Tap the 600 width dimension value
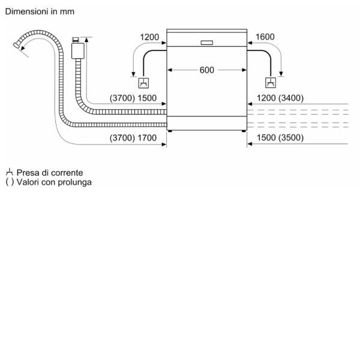coord(206,70)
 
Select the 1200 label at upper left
coord(149,37)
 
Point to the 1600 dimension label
coord(265,37)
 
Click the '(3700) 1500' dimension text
coord(133,98)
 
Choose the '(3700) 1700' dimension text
coord(133,138)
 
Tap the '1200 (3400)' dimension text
coord(280,98)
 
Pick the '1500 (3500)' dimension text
coord(280,138)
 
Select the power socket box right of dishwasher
coord(272,83)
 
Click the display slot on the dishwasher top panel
coord(206,42)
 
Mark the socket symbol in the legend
coord(9,172)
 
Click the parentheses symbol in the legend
coord(9,182)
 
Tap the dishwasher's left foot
coord(170,130)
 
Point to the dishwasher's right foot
coord(242,130)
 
